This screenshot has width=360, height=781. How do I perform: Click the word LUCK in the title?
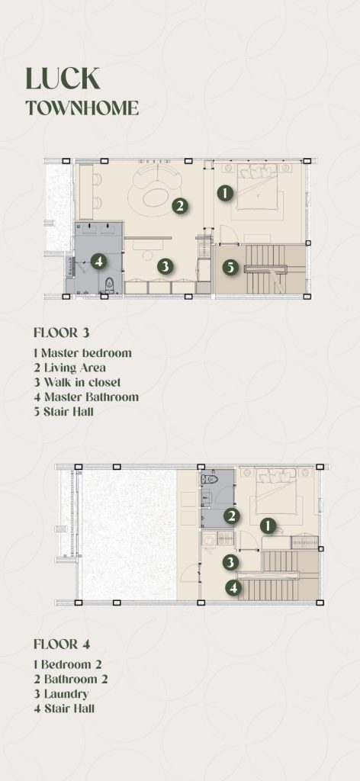pyautogui.click(x=63, y=79)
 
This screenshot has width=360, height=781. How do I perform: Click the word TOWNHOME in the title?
pyautogui.click(x=82, y=108)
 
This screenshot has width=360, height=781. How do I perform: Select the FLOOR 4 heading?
pyautogui.click(x=62, y=644)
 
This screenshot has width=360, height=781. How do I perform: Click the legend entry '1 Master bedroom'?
pyautogui.click(x=82, y=353)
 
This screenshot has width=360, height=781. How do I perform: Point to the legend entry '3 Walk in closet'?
pyautogui.click(x=77, y=383)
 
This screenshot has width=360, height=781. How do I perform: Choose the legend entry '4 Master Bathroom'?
pyautogui.click(x=86, y=397)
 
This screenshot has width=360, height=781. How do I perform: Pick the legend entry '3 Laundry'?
pyautogui.click(x=61, y=694)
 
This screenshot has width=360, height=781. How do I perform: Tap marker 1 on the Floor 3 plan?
pyautogui.click(x=226, y=193)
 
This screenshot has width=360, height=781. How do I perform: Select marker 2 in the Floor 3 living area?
pyautogui.click(x=180, y=205)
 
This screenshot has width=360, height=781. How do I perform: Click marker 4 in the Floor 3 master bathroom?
pyautogui.click(x=98, y=261)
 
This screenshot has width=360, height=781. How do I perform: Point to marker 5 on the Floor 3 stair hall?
pyautogui.click(x=230, y=268)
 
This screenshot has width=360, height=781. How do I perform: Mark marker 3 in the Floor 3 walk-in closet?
pyautogui.click(x=166, y=266)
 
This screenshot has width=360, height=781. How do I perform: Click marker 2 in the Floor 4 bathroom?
pyautogui.click(x=232, y=516)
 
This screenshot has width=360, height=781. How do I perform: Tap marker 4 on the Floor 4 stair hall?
pyautogui.click(x=233, y=588)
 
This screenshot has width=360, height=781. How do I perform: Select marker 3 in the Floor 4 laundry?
pyautogui.click(x=229, y=562)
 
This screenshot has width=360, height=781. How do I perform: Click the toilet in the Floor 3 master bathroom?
pyautogui.click(x=110, y=285)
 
